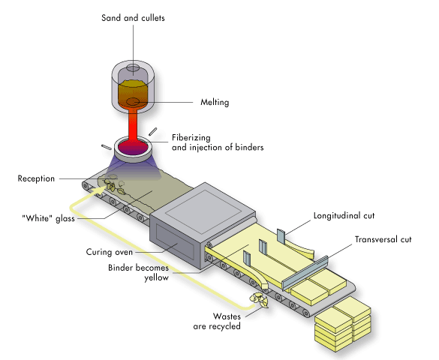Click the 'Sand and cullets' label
(x=133, y=18)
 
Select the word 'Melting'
(x=215, y=102)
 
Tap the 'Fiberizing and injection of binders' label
(x=218, y=142)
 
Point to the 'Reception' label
(x=36, y=178)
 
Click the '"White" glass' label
(x=49, y=218)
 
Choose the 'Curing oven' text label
(x=110, y=252)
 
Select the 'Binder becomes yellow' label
(x=138, y=272)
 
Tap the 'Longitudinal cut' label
(x=344, y=216)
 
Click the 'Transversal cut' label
(x=383, y=239)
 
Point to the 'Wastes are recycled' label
(x=217, y=321)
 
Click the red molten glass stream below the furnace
(x=133, y=125)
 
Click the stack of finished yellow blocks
(x=343, y=324)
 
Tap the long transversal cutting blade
(x=305, y=273)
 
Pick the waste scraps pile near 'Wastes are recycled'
(x=259, y=300)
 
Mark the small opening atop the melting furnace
(x=133, y=67)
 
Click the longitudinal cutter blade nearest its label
(x=281, y=236)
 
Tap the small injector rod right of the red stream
(x=152, y=131)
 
